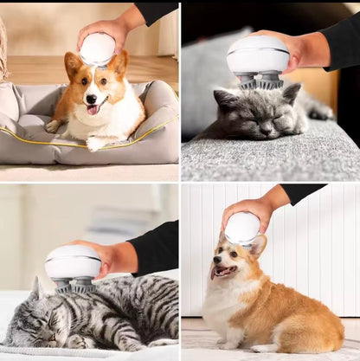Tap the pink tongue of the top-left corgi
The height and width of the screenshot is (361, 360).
click(x=92, y=109)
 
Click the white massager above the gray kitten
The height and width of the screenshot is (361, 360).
click(x=258, y=55)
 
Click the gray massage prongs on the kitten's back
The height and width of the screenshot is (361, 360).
click(x=259, y=81)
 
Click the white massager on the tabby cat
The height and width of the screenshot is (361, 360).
click(x=73, y=262)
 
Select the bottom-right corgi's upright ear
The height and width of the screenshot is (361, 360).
click(x=258, y=246)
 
